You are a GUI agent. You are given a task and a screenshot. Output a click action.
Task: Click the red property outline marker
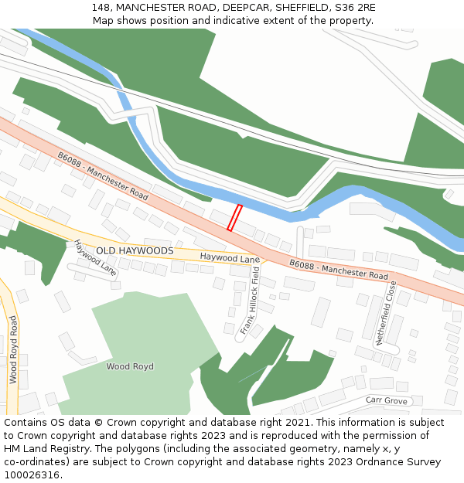tap(234, 217)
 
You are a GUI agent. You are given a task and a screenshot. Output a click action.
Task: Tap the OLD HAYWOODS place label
tap(135, 251)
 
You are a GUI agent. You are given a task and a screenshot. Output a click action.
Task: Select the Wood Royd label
tap(130, 366)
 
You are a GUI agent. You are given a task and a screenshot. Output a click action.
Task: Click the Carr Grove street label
tap(386, 400)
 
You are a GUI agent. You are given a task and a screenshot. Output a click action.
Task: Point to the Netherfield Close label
tap(386, 312)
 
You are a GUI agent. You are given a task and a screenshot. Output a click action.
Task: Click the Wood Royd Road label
tap(13, 350)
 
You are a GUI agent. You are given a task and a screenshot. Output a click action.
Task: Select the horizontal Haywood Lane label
tap(230, 258)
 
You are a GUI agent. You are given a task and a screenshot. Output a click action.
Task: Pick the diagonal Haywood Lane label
tap(95, 258)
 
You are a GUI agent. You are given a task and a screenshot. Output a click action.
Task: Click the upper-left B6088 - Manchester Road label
tap(102, 176)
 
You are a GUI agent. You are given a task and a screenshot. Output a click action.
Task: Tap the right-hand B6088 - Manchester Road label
tap(339, 270)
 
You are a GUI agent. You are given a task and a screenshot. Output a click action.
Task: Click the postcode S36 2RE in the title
tap(356, 7)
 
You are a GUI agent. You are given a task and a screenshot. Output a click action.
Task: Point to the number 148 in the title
tap(101, 7)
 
